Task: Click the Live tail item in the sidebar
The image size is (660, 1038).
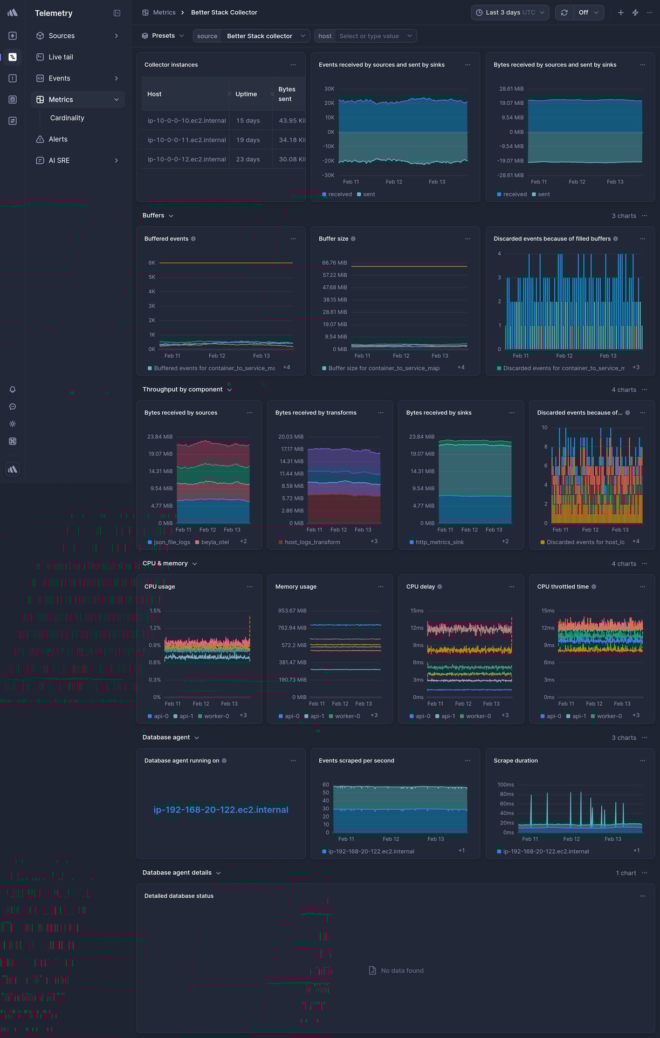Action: [60, 57]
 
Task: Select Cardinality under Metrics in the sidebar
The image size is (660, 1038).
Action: [67, 118]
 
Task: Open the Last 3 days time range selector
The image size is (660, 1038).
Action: [510, 12]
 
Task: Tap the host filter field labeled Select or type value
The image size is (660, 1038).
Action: [369, 36]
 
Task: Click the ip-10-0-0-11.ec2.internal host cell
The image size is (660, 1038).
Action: [187, 140]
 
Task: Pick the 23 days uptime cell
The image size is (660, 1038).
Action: [247, 160]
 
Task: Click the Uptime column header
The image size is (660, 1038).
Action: [246, 94]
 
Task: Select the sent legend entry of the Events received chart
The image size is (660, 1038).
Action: [368, 195]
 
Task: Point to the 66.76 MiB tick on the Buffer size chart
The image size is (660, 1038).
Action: [334, 263]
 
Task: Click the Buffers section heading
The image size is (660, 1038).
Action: [153, 216]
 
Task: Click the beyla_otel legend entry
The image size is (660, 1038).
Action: [215, 542]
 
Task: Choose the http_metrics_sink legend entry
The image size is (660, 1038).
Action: [439, 542]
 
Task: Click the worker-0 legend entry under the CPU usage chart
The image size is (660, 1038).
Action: [216, 716]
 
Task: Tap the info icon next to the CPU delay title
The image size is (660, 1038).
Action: [439, 587]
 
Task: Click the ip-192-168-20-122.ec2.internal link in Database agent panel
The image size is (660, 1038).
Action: [221, 810]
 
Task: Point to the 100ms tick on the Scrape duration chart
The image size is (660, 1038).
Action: [505, 785]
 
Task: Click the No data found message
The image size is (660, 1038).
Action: [402, 971]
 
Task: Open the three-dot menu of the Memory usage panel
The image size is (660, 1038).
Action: [381, 587]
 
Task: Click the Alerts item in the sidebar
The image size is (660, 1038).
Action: [58, 140]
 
